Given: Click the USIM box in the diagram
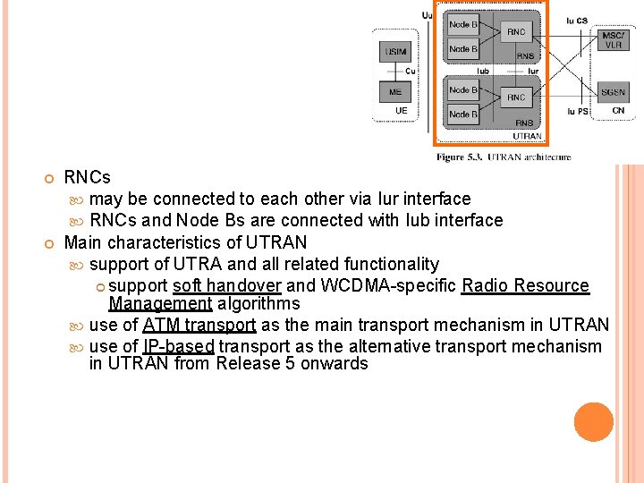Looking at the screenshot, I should [x=395, y=53].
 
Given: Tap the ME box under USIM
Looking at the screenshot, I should [x=395, y=92].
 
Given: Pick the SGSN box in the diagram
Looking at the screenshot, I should [x=613, y=92].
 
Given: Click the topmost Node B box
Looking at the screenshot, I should [x=463, y=25].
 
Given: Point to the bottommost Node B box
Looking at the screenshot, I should [x=463, y=114].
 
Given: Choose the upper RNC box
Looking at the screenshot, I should [x=516, y=32].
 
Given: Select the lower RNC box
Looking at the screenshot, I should [x=516, y=97].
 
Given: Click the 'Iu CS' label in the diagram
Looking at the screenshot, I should [x=578, y=20].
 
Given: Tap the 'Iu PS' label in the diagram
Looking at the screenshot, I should [x=578, y=112].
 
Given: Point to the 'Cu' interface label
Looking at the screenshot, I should [x=411, y=71].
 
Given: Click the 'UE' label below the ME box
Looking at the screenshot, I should [x=402, y=111].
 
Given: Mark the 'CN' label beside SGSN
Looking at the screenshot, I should [x=618, y=111].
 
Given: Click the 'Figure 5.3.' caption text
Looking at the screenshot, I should [x=462, y=157].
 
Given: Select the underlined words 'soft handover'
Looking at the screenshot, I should [x=227, y=286].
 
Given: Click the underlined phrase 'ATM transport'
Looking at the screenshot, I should [x=199, y=326].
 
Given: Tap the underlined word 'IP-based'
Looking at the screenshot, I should [x=178, y=346].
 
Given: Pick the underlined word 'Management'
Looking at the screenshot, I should [x=160, y=303].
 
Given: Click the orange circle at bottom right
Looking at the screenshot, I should [x=594, y=422].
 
